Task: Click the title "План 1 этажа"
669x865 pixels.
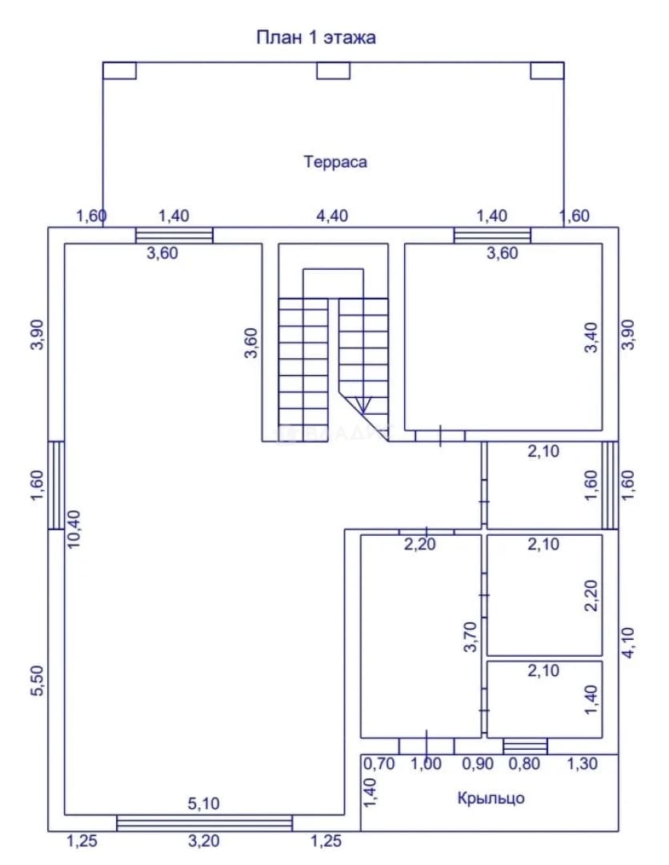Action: point(316,38)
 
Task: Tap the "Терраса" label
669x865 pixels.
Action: point(335,162)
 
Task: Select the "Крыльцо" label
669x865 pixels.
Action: point(491,799)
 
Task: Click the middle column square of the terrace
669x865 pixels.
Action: point(333,70)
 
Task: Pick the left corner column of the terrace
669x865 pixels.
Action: point(119,70)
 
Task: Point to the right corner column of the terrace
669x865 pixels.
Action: point(547,70)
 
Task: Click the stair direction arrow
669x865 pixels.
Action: point(363,405)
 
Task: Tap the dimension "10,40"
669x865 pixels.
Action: point(74,529)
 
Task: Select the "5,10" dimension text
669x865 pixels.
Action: point(204,804)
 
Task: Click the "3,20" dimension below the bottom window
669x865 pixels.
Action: point(204,841)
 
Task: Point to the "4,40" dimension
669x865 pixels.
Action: point(332,215)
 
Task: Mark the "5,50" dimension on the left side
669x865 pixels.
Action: point(36,681)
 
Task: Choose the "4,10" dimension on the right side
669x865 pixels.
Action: point(627,643)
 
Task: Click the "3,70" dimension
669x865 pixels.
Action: point(470,637)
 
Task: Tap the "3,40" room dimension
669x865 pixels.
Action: point(591,337)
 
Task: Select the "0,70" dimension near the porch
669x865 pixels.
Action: point(379,764)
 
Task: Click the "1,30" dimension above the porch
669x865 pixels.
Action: point(583,763)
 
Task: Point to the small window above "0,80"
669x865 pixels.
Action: point(525,746)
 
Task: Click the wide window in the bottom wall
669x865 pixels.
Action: point(204,823)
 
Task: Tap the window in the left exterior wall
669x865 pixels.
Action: point(56,485)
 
